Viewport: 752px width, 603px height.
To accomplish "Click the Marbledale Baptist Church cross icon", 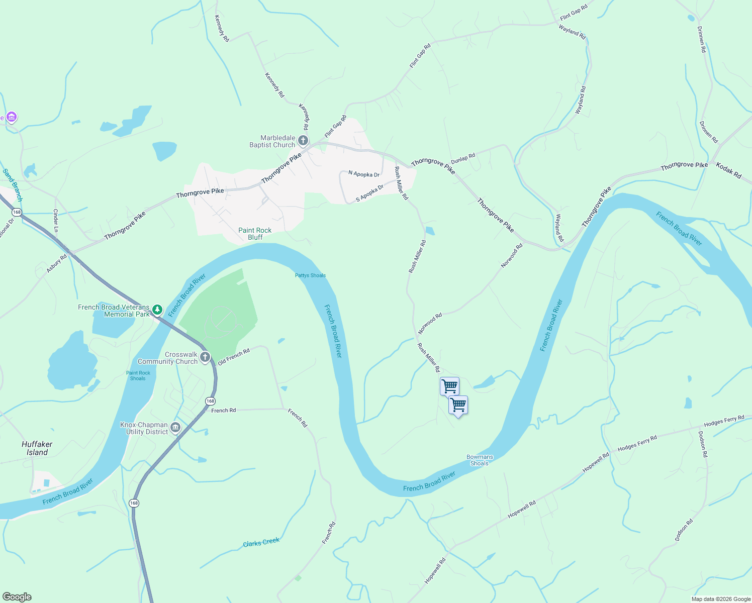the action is (303, 140).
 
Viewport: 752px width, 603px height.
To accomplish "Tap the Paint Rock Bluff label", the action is (255, 234).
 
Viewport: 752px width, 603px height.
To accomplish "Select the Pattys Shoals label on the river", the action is (310, 275).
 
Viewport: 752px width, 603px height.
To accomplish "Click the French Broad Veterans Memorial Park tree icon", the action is (157, 310).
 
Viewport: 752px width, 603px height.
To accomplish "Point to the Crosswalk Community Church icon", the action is (205, 357).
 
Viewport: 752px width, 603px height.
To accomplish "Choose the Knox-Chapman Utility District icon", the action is (175, 428).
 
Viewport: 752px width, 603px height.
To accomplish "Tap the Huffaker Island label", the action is (37, 448).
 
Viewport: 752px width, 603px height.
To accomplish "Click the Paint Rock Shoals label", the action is (138, 375).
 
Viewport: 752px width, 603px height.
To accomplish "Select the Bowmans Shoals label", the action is (480, 460).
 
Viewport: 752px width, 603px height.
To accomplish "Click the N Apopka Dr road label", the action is (364, 174).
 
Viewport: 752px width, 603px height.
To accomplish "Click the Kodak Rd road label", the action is (728, 171).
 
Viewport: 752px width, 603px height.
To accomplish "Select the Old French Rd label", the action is (234, 357).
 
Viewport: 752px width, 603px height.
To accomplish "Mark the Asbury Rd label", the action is (56, 264).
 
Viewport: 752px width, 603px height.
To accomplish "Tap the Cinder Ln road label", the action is (56, 221).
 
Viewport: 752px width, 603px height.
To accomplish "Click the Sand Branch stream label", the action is (13, 185).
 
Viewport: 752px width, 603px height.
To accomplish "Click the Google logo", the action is (17, 597).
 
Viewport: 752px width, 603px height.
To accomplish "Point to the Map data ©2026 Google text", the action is (721, 599).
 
